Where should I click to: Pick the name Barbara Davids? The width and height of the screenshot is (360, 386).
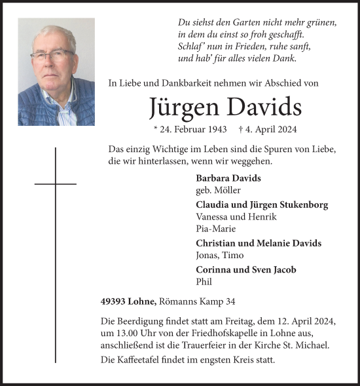(x=228, y=178)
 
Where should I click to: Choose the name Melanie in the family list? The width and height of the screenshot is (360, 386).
(x=270, y=243)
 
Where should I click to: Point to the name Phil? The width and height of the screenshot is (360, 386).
(x=204, y=282)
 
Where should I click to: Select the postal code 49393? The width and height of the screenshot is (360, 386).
(x=105, y=301)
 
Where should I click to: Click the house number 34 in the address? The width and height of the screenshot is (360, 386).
(x=230, y=301)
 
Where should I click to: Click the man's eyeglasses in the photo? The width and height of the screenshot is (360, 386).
(x=52, y=56)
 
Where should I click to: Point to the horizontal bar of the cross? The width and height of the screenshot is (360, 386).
(x=56, y=184)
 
